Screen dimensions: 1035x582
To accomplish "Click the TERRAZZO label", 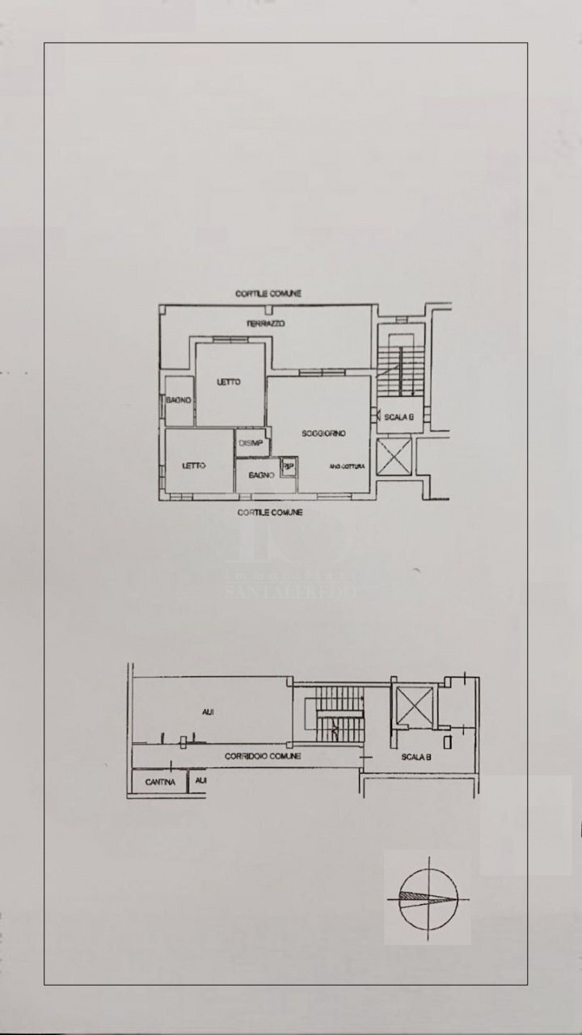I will (268, 323).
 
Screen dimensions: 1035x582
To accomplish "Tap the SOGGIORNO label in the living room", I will (323, 433).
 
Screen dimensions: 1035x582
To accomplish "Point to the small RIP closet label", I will (287, 467).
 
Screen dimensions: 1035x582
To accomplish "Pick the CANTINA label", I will (160, 783).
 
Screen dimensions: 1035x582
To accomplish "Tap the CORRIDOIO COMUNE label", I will (264, 756).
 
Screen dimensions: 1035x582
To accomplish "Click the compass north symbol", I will (428, 897).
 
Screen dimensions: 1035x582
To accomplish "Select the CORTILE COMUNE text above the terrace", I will (268, 294).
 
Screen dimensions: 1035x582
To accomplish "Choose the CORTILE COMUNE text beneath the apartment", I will (270, 513).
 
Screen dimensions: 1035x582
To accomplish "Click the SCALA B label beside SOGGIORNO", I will (399, 417).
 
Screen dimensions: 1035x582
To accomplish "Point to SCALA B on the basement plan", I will (416, 758).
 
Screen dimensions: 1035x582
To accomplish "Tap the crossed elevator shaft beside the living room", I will (394, 457).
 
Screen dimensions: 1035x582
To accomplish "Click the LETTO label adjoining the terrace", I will (229, 382).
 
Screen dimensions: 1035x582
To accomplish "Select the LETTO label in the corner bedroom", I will (193, 466).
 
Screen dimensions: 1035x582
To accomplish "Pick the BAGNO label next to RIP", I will (262, 476).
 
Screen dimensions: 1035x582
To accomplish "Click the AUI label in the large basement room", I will (208, 712).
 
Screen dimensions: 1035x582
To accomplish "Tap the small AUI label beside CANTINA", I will (200, 781).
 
